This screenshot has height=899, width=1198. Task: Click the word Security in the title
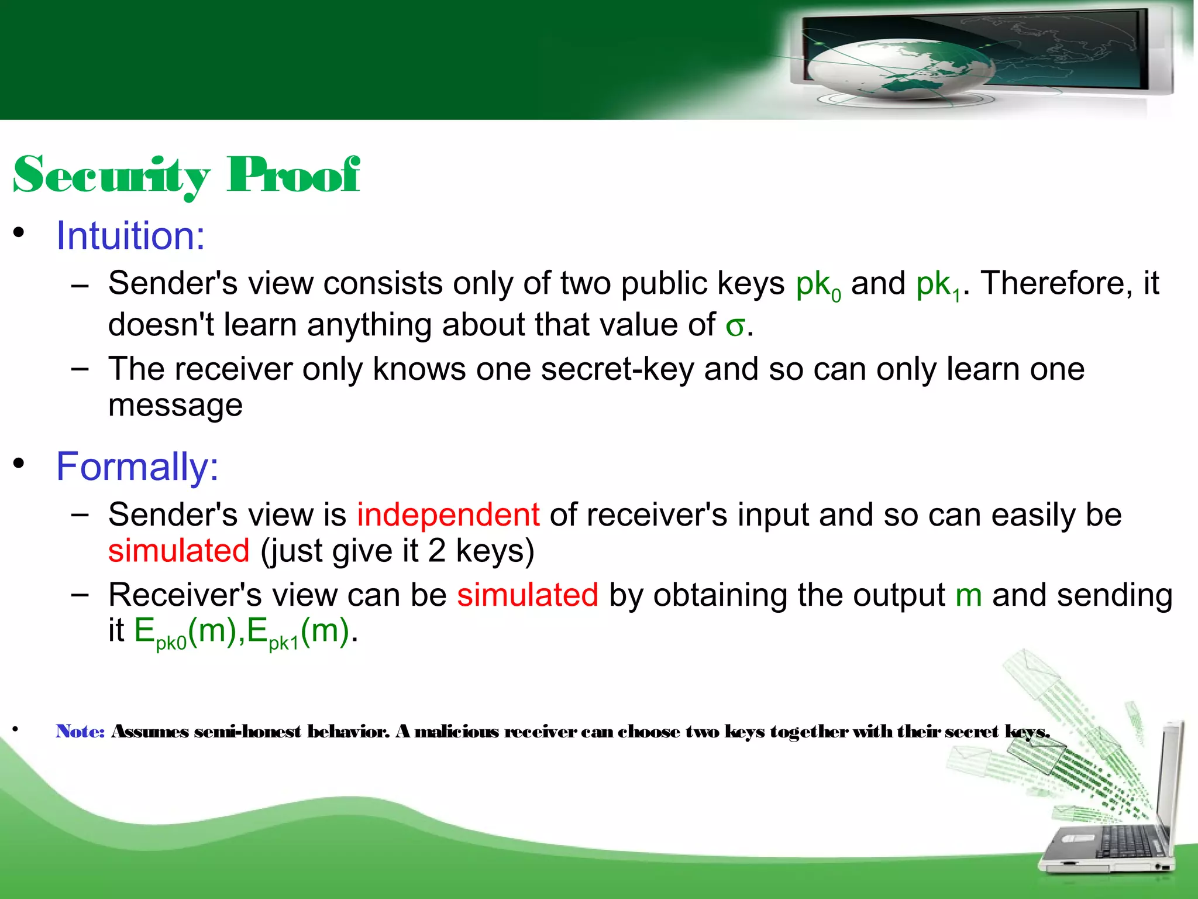pos(111,176)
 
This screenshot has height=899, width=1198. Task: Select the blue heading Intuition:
pos(130,236)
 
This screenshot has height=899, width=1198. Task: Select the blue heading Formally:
pos(137,467)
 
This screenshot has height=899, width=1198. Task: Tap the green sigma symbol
pos(735,327)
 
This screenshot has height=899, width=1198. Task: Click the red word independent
pos(448,515)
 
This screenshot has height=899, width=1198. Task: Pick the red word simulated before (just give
pos(179,551)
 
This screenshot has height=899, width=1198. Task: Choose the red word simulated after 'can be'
pos(528,595)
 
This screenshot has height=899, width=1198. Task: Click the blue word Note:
pos(80,732)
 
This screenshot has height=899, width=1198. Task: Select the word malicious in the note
pos(457,732)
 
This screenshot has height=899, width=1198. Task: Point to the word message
pos(175,406)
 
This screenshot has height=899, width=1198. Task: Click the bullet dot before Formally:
pos(19,464)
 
